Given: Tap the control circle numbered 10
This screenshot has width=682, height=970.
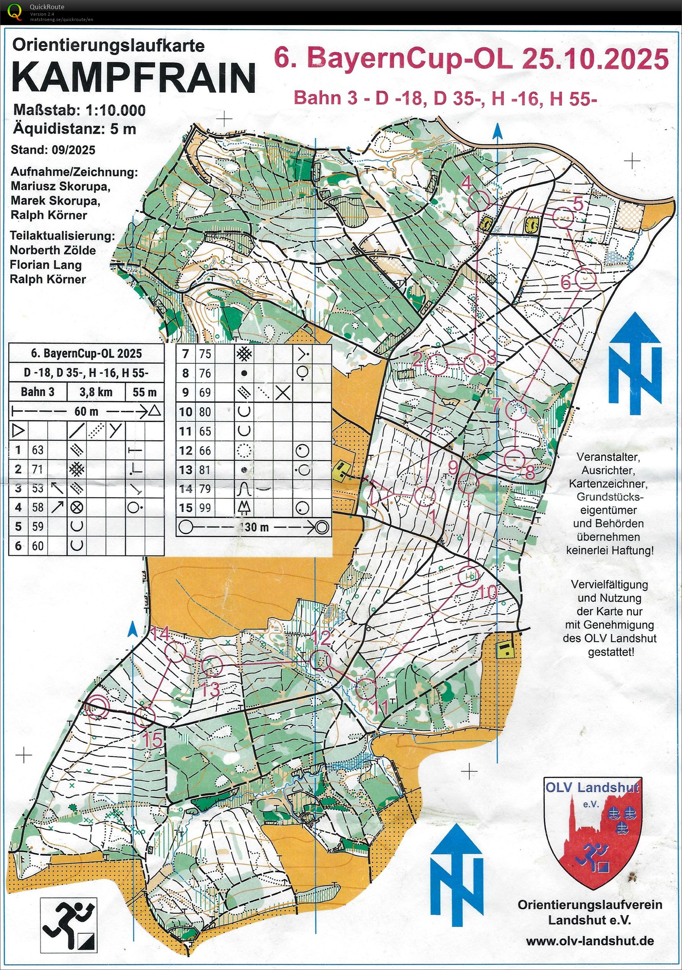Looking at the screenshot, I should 468,575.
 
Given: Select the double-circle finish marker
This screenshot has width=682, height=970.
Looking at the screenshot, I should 97,706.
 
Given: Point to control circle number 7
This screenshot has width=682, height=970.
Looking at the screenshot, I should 516,410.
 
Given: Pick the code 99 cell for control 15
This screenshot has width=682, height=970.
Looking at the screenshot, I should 204,507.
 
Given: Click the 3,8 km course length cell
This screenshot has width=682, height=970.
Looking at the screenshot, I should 96,392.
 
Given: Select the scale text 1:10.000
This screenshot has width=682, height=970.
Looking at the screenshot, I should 115,110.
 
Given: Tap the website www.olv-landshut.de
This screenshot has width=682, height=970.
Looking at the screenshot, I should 590,941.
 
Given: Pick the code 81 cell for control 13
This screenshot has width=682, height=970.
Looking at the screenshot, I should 204,470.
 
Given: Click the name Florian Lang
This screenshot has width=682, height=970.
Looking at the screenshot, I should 45,265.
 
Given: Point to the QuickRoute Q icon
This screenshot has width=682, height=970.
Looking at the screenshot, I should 15,11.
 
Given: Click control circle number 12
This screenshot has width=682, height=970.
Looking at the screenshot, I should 320,660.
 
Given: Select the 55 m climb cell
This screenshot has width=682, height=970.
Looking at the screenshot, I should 144,392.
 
